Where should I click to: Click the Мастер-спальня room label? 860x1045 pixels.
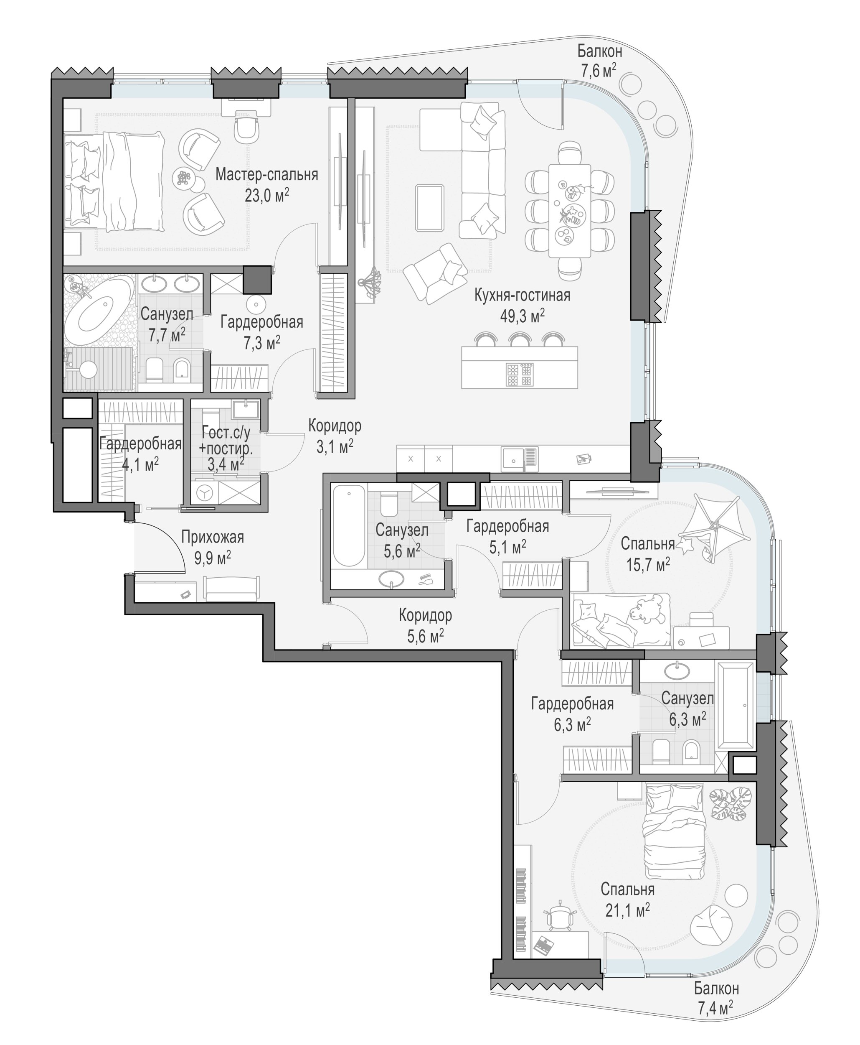coord(266,174)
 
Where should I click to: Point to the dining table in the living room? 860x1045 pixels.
coord(570,211)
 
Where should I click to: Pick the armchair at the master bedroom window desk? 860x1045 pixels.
coord(247,129)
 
